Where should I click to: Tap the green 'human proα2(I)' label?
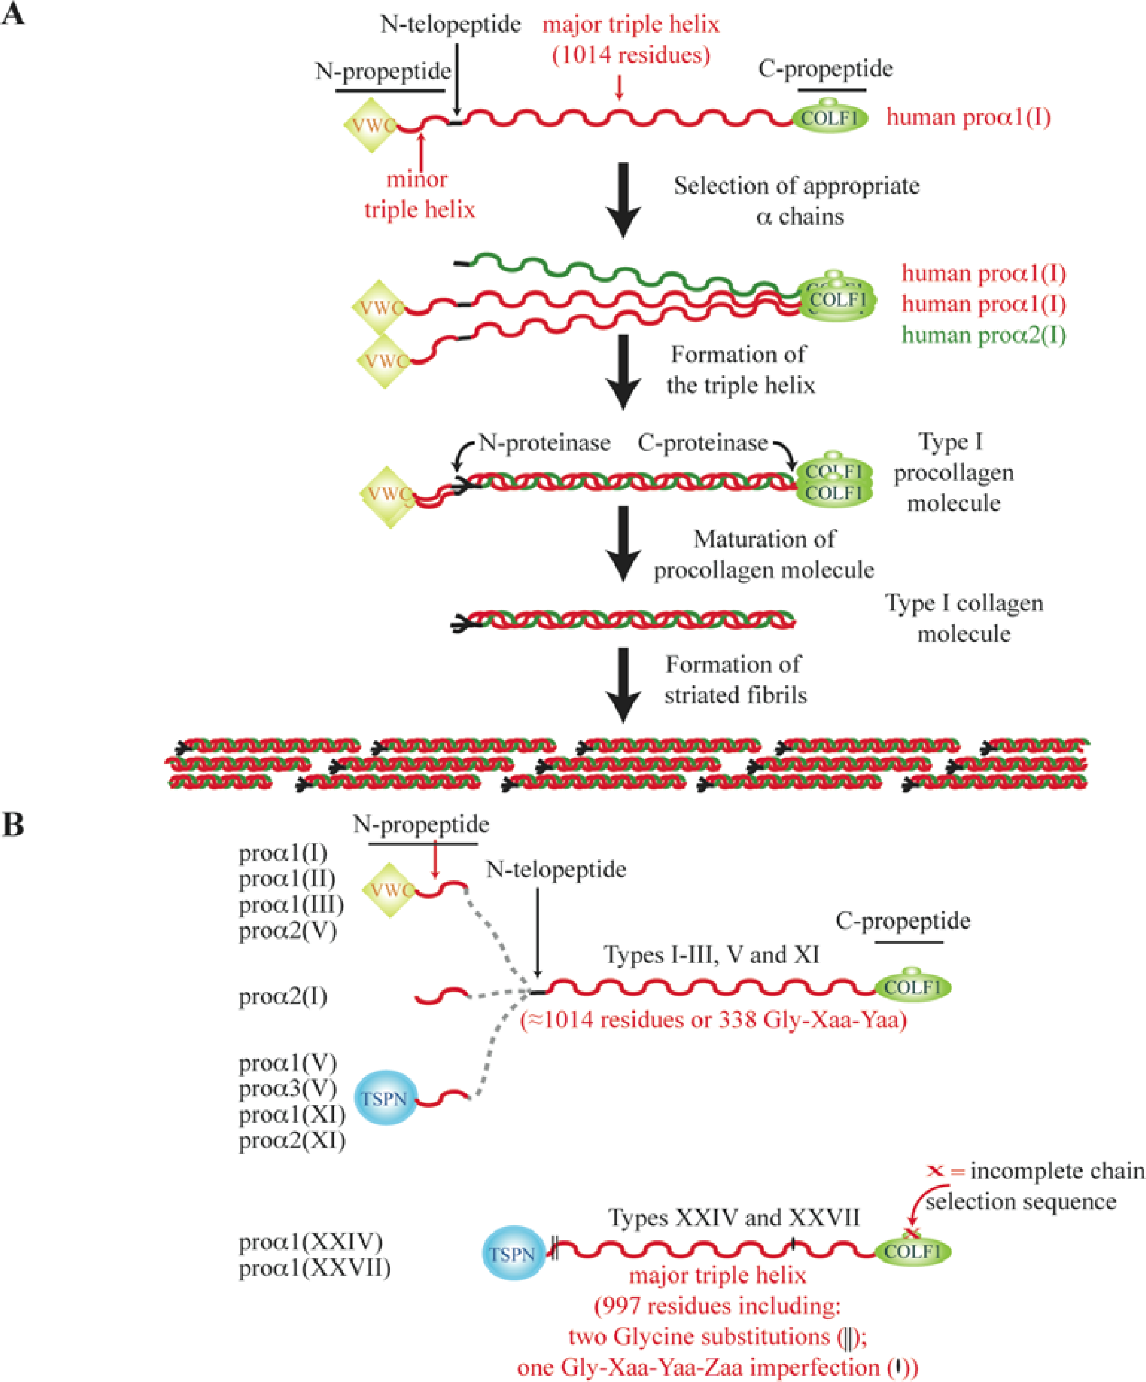pos(984,335)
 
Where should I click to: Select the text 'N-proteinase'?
pos(544,443)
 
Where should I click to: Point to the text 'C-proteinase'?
pos(702,443)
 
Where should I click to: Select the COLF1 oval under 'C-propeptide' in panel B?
pos(913,987)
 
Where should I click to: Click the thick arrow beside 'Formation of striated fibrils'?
pos(623,684)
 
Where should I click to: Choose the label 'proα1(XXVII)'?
pos(314,1268)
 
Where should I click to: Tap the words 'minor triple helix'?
pos(419,194)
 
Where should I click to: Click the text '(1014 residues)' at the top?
pos(631,55)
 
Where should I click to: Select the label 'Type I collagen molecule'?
pos(963,618)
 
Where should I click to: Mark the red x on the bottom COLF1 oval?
pos(912,1233)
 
